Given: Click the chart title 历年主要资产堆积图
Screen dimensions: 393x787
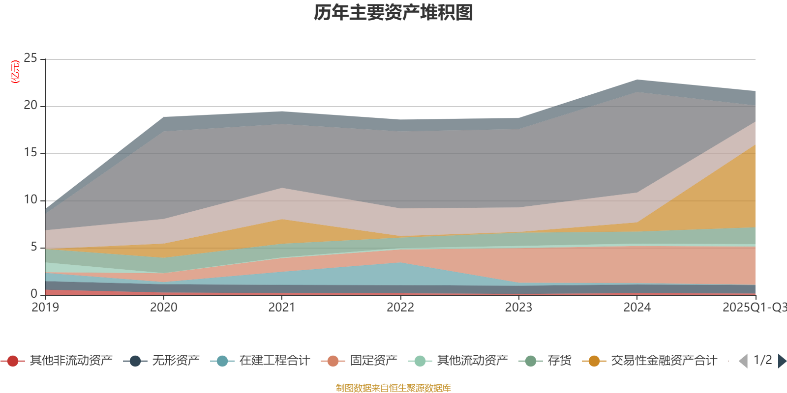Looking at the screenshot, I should (393, 13).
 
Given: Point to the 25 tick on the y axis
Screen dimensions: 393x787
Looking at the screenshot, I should (30, 58).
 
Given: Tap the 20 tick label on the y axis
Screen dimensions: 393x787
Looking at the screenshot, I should (30, 106).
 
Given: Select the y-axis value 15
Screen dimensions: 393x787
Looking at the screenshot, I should (30, 153).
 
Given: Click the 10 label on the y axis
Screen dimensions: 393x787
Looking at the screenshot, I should (30, 200).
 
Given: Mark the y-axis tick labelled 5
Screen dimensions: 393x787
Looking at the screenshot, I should (33, 247).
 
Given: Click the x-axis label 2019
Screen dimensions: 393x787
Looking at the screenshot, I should (45, 308).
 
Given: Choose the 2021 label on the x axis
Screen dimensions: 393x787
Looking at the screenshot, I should (282, 308).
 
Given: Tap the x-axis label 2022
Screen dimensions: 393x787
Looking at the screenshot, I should (400, 308).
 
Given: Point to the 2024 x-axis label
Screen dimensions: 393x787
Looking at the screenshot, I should (637, 308).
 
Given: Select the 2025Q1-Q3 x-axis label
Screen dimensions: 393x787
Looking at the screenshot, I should (754, 308).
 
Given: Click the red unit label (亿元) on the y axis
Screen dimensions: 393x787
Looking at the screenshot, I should (15, 72).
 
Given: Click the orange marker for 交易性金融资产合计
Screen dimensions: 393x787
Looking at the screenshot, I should (594, 361).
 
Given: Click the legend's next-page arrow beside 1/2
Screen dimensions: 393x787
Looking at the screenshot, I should (782, 361).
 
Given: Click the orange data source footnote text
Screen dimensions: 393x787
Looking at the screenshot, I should (393, 388).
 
